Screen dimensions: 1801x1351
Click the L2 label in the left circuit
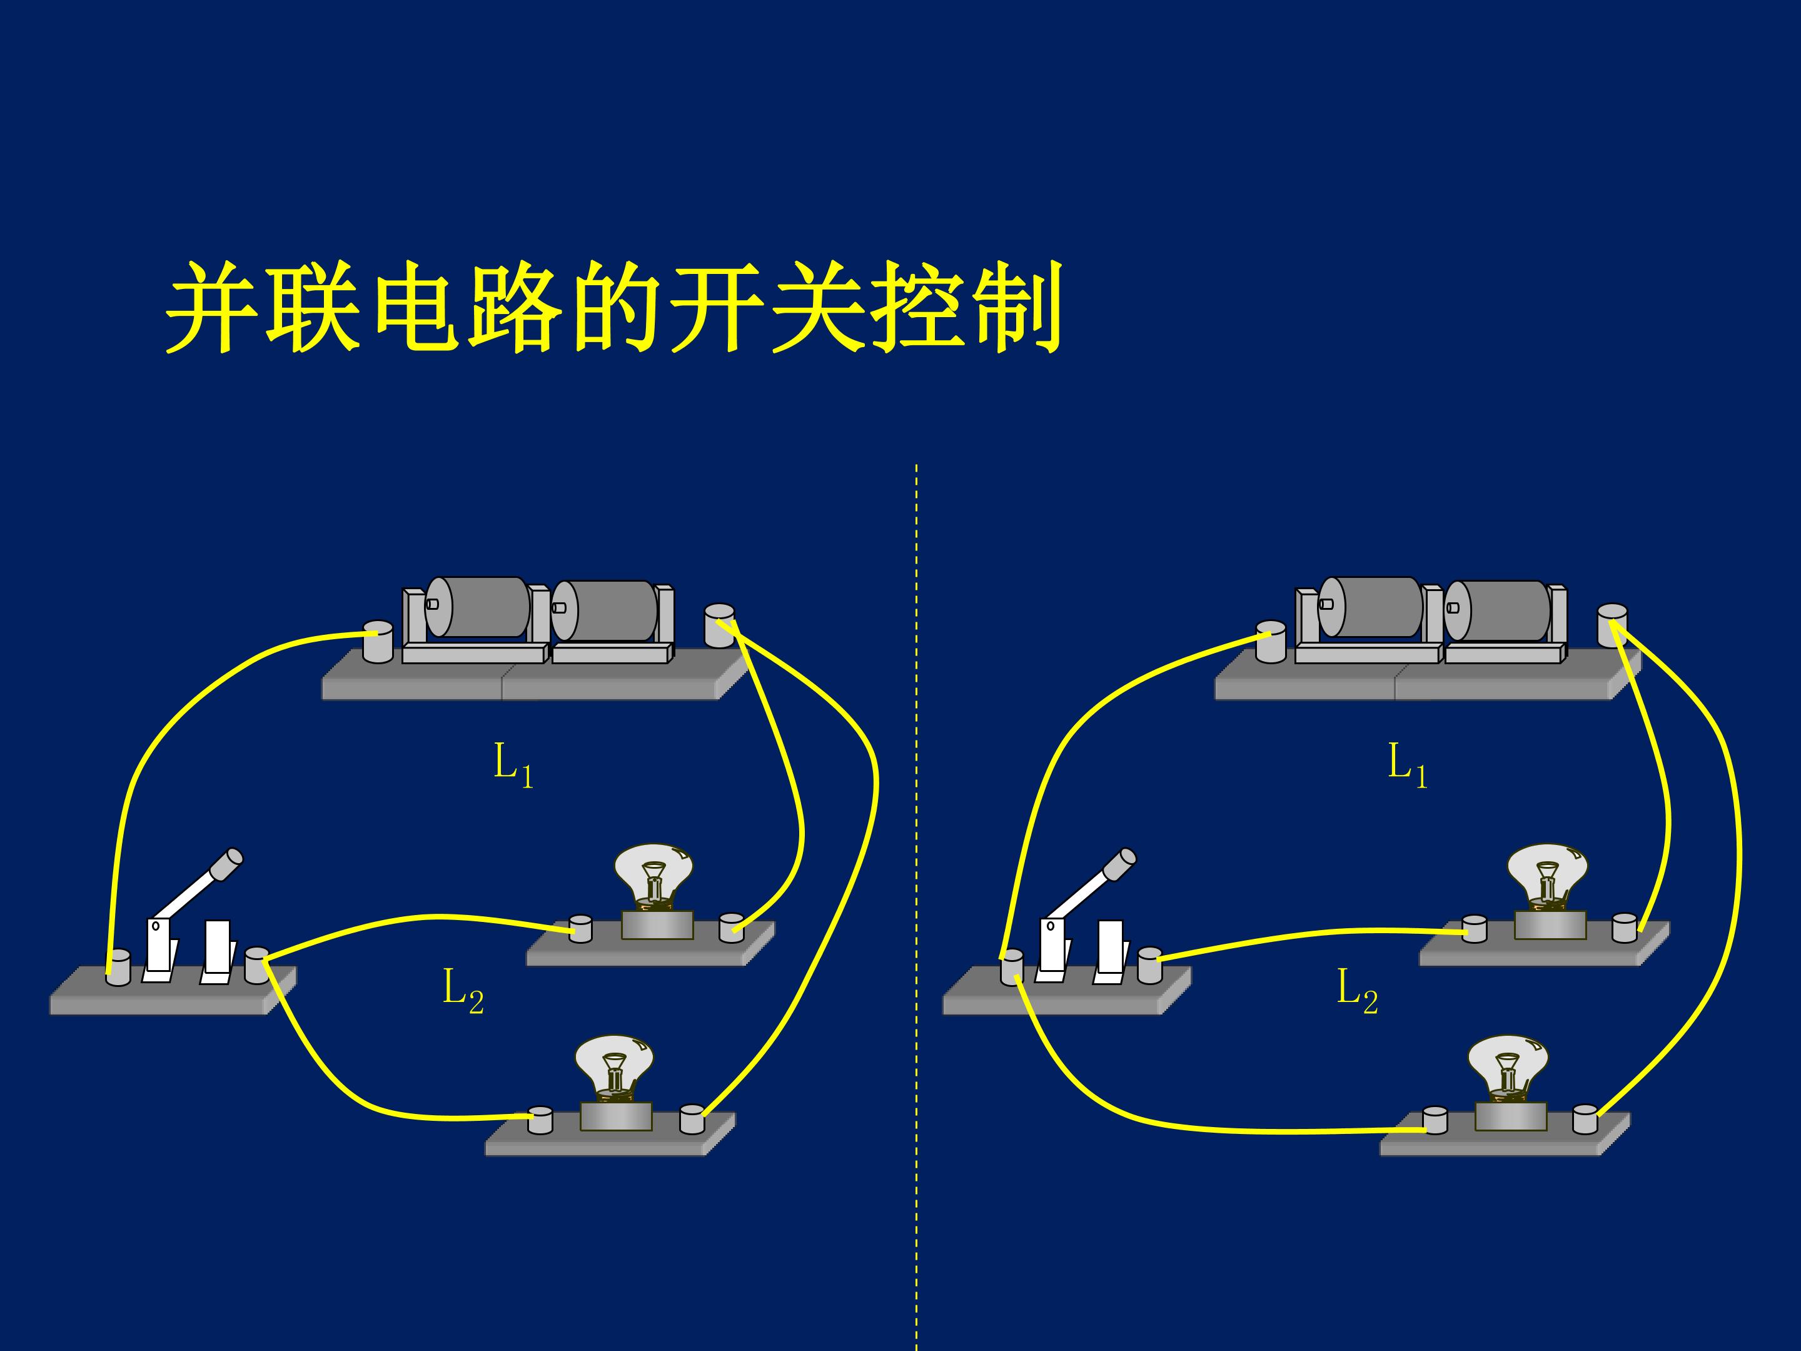coord(463,991)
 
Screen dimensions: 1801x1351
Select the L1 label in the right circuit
coord(1408,766)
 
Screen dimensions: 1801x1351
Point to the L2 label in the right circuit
coord(1357,991)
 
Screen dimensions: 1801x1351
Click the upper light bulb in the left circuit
coord(653,878)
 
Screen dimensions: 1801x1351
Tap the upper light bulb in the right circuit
coord(1547,878)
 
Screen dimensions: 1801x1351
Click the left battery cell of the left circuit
coord(477,607)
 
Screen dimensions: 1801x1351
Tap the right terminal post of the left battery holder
coord(720,625)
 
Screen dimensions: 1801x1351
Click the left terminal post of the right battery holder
coord(1271,642)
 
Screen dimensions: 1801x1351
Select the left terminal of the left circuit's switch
coord(118,968)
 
